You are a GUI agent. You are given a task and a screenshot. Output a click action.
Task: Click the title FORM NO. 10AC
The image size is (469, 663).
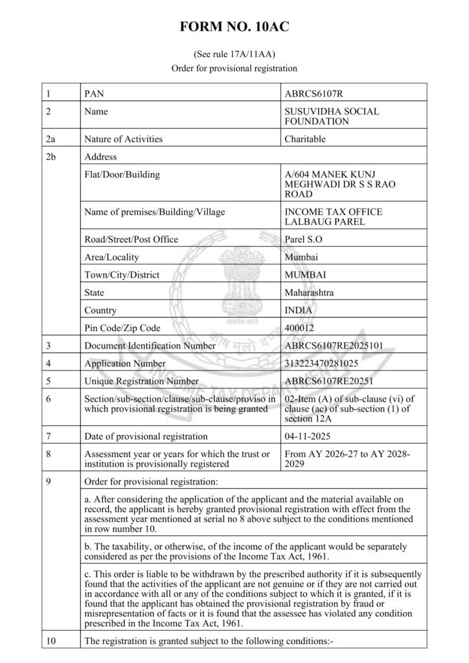[x=234, y=27]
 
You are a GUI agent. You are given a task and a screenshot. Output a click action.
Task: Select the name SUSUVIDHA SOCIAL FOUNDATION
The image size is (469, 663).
[x=332, y=116]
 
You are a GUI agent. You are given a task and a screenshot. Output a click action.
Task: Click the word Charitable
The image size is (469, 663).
[x=305, y=139]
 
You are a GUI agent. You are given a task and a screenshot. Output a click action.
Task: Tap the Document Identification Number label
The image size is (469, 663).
[x=150, y=346]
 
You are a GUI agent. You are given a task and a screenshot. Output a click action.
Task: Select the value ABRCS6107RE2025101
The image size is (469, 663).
[x=334, y=346]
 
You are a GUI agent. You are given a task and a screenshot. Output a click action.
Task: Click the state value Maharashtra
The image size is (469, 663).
[x=309, y=293]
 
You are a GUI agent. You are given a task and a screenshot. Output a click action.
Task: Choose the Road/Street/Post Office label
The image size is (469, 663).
[x=132, y=240]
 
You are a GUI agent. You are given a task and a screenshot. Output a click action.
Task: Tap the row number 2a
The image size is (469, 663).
[x=51, y=139]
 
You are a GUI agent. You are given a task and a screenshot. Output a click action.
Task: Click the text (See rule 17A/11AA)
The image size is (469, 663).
[x=234, y=54]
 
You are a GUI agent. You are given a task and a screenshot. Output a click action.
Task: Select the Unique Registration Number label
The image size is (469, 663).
[x=142, y=381]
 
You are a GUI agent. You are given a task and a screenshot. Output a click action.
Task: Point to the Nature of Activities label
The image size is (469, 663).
[x=124, y=139]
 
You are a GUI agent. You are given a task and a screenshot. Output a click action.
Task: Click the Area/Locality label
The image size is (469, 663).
[x=111, y=257]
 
